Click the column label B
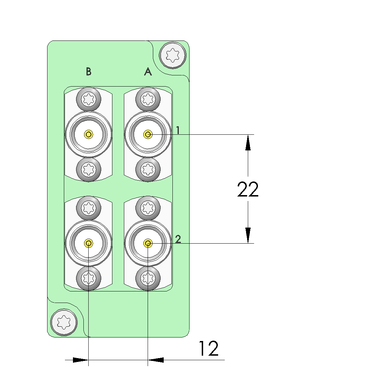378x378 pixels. pyautogui.click(x=89, y=72)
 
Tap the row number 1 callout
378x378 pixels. pyautogui.click(x=178, y=130)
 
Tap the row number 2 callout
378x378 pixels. pyautogui.click(x=178, y=239)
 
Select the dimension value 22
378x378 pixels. pyautogui.click(x=248, y=190)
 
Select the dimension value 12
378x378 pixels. pyautogui.click(x=209, y=348)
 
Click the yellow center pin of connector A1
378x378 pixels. pyautogui.click(x=148, y=134)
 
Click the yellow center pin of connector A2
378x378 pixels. pyautogui.click(x=148, y=243)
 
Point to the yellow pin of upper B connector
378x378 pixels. pyautogui.click(x=89, y=134)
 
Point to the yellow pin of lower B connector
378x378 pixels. pyautogui.click(x=89, y=243)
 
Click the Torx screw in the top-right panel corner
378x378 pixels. pyautogui.click(x=172, y=55)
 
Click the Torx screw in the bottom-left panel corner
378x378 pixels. pyautogui.click(x=64, y=322)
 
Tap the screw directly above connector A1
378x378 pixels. pyautogui.click(x=148, y=100)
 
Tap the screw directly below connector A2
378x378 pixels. pyautogui.click(x=148, y=278)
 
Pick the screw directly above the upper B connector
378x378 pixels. pyautogui.click(x=89, y=100)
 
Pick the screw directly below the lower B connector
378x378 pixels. pyautogui.click(x=89, y=278)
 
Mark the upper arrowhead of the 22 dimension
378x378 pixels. pyautogui.click(x=248, y=142)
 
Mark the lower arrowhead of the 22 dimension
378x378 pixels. pyautogui.click(x=248, y=235)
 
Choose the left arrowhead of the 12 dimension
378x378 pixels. pyautogui.click(x=81, y=360)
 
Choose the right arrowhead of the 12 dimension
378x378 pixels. pyautogui.click(x=156, y=360)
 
